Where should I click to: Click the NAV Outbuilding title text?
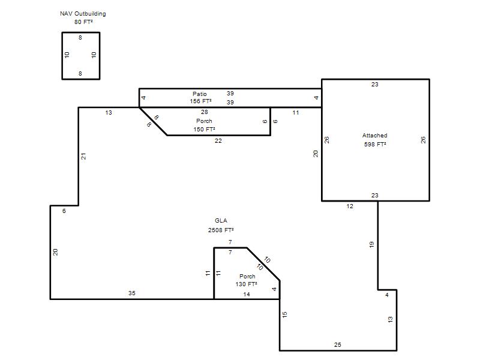[x=83, y=14]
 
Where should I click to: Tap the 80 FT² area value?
[x=83, y=22]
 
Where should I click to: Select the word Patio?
[x=200, y=94]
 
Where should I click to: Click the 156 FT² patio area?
[x=200, y=101]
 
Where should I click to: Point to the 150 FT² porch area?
[x=204, y=130]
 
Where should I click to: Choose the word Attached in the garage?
[x=374, y=136]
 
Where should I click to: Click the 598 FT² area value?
[x=375, y=144]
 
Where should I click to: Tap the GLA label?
[x=221, y=221]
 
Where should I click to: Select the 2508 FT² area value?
[x=221, y=230]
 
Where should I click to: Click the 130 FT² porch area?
[x=246, y=284]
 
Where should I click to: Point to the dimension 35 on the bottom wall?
[x=132, y=293]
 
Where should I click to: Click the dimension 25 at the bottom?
[x=338, y=344]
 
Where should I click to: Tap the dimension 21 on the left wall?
[x=83, y=156]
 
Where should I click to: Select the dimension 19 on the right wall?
[x=371, y=245]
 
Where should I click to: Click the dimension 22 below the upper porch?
[x=218, y=141]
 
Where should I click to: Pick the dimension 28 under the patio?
[x=205, y=112]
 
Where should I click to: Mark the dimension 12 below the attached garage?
[x=350, y=206]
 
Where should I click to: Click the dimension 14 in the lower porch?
[x=247, y=295]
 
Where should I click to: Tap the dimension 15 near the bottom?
[x=284, y=314]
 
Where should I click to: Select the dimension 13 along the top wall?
[x=109, y=113]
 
